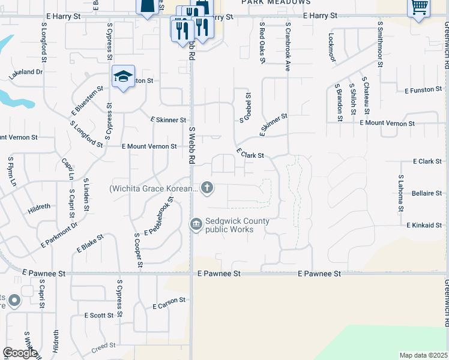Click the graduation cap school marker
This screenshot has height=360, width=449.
click(123, 77)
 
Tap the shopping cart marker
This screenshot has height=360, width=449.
click(418, 8)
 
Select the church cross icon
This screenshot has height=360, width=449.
click(207, 188)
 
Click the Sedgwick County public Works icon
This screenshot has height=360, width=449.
click(196, 225)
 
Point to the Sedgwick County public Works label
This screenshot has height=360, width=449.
click(237, 225)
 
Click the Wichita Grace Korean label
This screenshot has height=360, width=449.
click(153, 188)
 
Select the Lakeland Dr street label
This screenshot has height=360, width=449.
click(26, 73)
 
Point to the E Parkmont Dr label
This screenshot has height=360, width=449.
click(59, 235)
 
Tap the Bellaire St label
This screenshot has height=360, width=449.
click(427, 193)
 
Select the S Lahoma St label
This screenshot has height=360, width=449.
click(400, 194)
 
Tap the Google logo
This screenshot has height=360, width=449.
click(20, 353)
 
